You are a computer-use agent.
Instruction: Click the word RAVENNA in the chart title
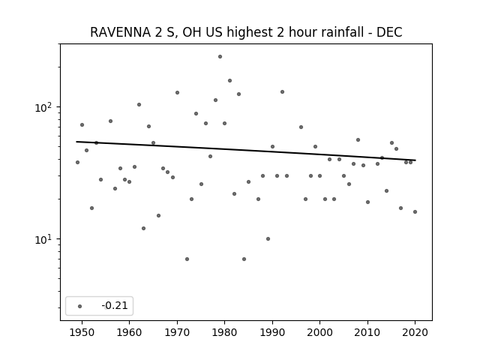click(121, 32)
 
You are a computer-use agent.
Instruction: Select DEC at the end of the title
click(389, 32)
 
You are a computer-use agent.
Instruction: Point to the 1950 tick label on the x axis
click(82, 332)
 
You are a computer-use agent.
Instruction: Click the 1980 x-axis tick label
click(224, 332)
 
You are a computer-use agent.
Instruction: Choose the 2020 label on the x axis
click(415, 332)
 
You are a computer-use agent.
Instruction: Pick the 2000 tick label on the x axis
click(319, 332)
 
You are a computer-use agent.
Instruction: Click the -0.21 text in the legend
click(115, 305)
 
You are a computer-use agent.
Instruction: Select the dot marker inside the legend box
click(79, 306)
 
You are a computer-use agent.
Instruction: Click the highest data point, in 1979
click(220, 57)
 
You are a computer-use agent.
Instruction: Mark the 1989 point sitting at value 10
click(268, 238)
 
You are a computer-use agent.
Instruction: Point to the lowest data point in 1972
click(187, 259)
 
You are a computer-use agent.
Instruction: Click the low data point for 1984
click(244, 259)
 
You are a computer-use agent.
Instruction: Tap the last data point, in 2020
click(415, 211)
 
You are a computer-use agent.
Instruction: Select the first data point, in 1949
click(77, 162)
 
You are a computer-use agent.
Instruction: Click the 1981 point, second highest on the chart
click(229, 80)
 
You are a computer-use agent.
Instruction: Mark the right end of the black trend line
click(415, 160)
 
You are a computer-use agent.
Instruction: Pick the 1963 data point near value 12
click(143, 228)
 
